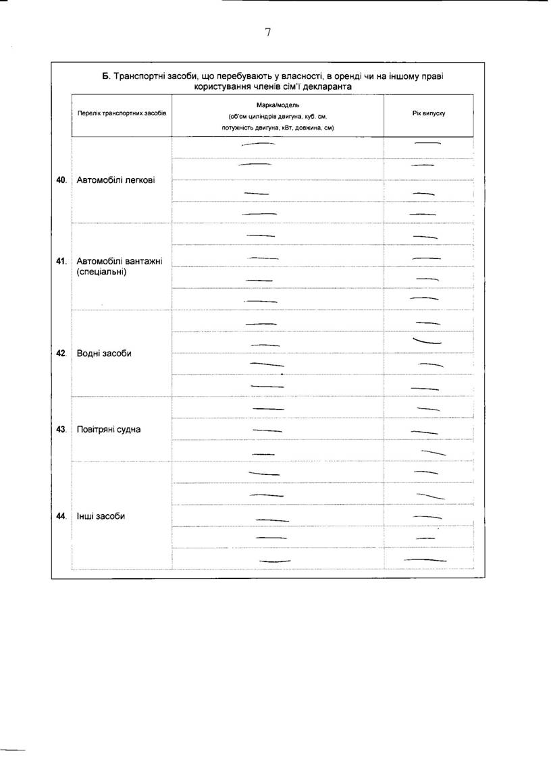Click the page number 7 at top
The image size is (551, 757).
[268, 32]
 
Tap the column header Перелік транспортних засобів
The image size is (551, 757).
[122, 113]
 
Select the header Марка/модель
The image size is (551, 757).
[278, 105]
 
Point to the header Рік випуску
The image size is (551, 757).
[429, 113]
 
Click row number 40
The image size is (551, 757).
[61, 180]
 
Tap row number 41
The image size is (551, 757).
[61, 261]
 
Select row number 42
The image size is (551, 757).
[61, 354]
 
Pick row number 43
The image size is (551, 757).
[61, 429]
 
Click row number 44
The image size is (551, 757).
[61, 516]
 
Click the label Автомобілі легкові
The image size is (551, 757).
[115, 180]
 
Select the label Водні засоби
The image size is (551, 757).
[104, 354]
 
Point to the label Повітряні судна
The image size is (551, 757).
[109, 429]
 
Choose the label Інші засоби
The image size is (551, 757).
[101, 516]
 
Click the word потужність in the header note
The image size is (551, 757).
[237, 127]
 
